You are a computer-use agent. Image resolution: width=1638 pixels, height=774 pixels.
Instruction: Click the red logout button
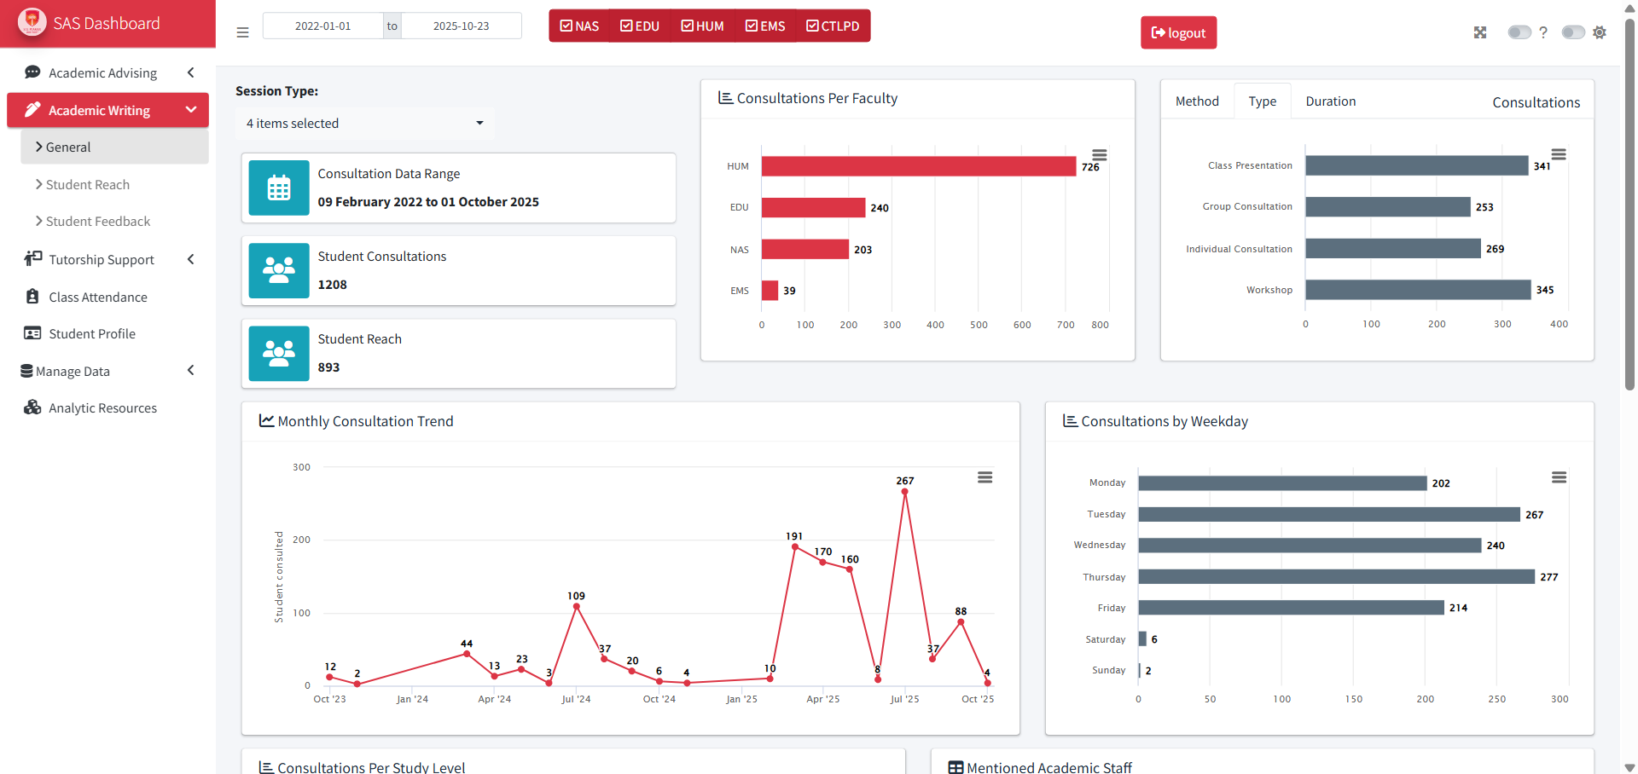point(1178,32)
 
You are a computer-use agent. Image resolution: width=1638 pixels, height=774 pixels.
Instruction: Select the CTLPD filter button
point(833,26)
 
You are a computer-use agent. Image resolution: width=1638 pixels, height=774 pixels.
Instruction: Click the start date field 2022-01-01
point(322,26)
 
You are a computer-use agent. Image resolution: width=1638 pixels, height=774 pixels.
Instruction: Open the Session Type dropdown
point(364,124)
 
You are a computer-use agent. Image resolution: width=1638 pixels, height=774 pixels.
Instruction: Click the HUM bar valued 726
point(918,166)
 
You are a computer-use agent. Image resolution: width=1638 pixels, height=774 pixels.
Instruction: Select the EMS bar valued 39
point(770,291)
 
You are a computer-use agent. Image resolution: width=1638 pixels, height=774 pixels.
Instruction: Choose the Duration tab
point(1330,101)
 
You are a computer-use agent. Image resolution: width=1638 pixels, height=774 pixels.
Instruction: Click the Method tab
point(1197,101)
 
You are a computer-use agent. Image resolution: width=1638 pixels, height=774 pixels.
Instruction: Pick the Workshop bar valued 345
point(1417,290)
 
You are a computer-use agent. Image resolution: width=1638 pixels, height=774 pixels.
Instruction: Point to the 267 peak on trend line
point(904,492)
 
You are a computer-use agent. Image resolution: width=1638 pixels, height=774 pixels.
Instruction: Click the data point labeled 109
point(577,607)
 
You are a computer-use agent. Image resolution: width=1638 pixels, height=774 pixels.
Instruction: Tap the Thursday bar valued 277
point(1335,577)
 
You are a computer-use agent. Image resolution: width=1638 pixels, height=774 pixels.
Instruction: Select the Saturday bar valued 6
point(1142,639)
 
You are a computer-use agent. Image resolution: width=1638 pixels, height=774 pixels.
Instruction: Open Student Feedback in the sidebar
point(97,222)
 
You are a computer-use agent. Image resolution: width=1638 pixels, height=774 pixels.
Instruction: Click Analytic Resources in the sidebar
point(102,408)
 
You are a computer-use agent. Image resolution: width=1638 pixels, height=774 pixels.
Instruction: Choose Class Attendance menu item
point(97,297)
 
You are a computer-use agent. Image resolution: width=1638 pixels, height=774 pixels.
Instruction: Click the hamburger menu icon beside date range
point(242,32)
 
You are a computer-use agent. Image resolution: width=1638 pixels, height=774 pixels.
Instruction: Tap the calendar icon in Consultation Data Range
point(279,188)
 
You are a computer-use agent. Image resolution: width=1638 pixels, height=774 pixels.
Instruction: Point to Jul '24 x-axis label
point(576,699)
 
